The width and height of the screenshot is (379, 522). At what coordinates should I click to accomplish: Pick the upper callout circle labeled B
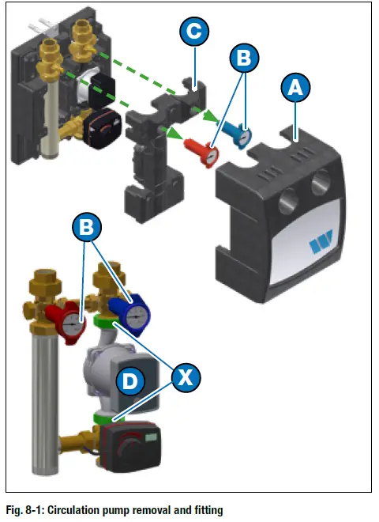click(x=245, y=58)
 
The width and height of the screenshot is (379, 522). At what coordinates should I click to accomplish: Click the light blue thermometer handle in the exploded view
click(x=238, y=130)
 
